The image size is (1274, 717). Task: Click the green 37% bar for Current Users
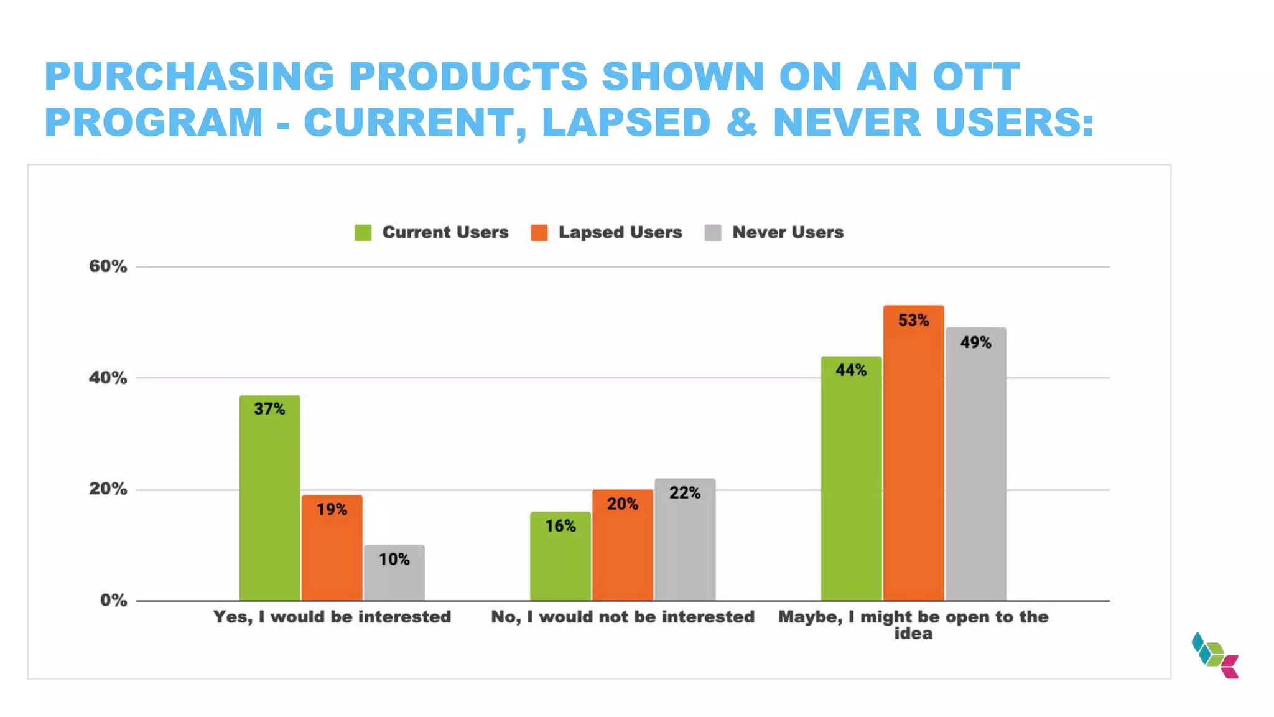[x=269, y=498]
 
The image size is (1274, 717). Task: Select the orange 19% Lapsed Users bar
[x=332, y=548]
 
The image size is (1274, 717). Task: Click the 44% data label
[x=851, y=370]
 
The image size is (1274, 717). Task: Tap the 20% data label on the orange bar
[x=622, y=504]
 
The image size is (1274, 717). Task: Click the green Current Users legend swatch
[x=363, y=233]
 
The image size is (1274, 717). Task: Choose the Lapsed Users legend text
[x=620, y=232]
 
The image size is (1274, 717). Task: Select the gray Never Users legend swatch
[x=712, y=233]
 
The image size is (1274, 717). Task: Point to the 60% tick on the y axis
[x=108, y=266]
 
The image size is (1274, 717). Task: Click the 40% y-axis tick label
[x=108, y=378]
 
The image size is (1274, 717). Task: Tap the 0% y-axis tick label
[x=113, y=601]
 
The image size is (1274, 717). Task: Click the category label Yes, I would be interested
[x=332, y=617]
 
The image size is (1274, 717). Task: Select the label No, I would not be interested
[x=622, y=617]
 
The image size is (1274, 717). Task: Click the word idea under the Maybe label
[x=913, y=634]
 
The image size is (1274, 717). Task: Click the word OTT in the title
[x=976, y=77]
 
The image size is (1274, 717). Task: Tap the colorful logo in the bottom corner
[x=1215, y=655]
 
